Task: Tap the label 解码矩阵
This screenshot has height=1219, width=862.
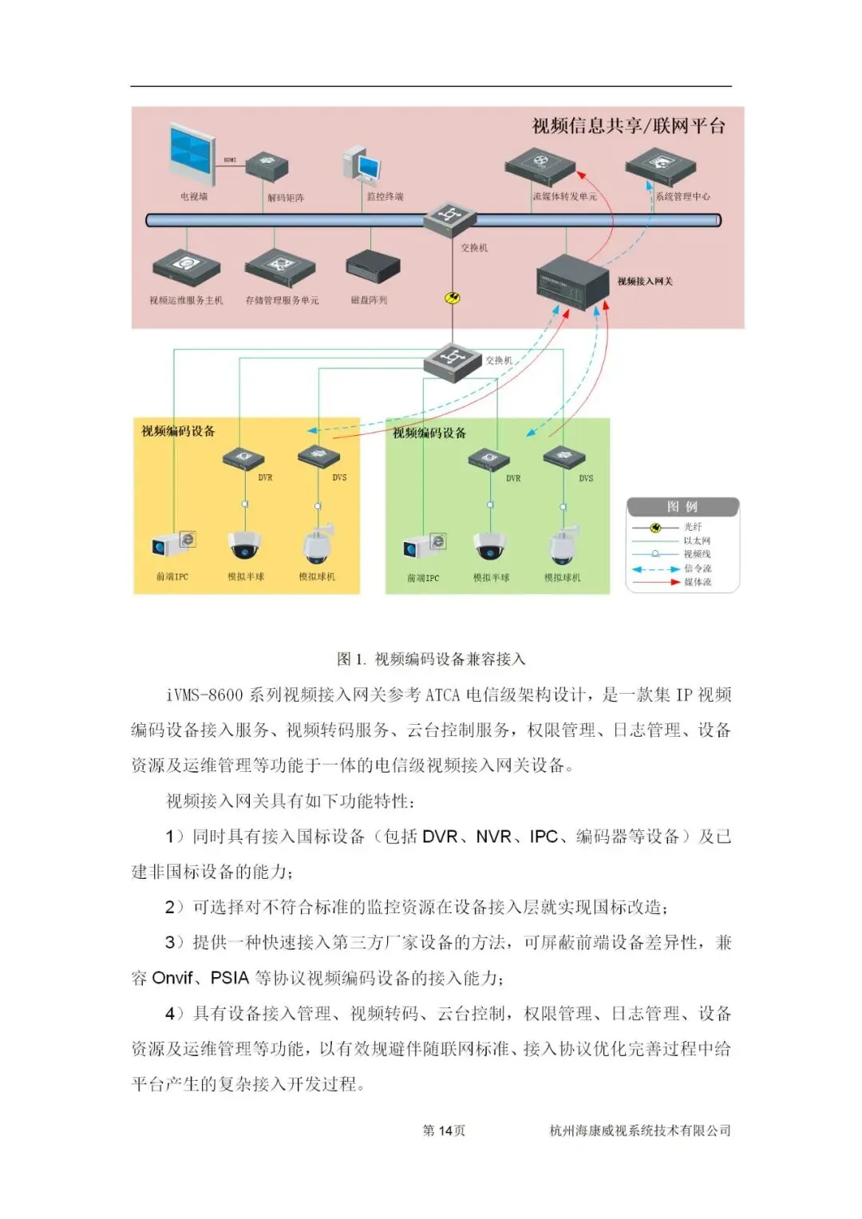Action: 285,197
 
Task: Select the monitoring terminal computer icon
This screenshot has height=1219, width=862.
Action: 362,163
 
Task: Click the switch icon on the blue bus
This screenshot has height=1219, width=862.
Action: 450,218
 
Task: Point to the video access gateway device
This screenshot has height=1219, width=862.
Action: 572,280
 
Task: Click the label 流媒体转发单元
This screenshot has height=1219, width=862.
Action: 564,196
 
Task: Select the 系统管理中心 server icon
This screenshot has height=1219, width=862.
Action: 660,166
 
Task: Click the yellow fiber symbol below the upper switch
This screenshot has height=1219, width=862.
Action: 453,299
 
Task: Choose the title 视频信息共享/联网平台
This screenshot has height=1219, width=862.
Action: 628,125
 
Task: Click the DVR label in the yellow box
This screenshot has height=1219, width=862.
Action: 265,477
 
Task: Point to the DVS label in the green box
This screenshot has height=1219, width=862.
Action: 586,478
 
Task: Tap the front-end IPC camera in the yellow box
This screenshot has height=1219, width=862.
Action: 172,545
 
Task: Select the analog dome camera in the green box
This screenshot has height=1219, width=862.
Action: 490,547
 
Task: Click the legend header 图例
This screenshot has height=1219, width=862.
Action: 682,507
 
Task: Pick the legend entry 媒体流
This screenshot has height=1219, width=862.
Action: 697,582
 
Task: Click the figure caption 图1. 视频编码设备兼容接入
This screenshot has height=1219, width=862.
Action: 431,659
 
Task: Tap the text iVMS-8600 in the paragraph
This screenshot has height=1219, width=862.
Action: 204,695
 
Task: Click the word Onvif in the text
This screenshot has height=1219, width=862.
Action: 172,978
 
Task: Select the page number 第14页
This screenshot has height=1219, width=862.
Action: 444,1130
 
